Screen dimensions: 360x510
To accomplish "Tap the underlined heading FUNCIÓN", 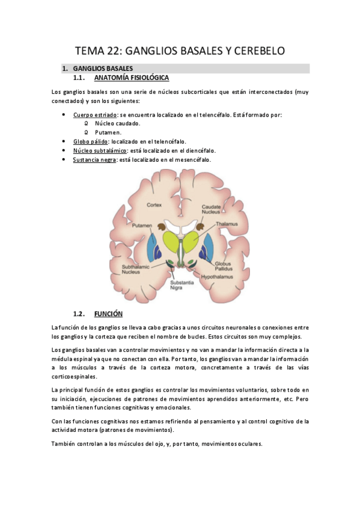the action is (x=108, y=314).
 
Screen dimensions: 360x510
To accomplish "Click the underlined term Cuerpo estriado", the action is (x=92, y=114).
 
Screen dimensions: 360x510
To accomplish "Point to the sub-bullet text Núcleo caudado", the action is (x=117, y=123).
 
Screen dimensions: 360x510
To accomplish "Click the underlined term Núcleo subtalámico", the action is (x=100, y=150).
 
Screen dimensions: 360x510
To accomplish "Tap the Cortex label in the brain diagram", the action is (x=154, y=204).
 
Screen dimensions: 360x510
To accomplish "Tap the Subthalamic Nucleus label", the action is (x=132, y=269).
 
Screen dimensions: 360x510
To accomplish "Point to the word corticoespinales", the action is (x=75, y=376).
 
